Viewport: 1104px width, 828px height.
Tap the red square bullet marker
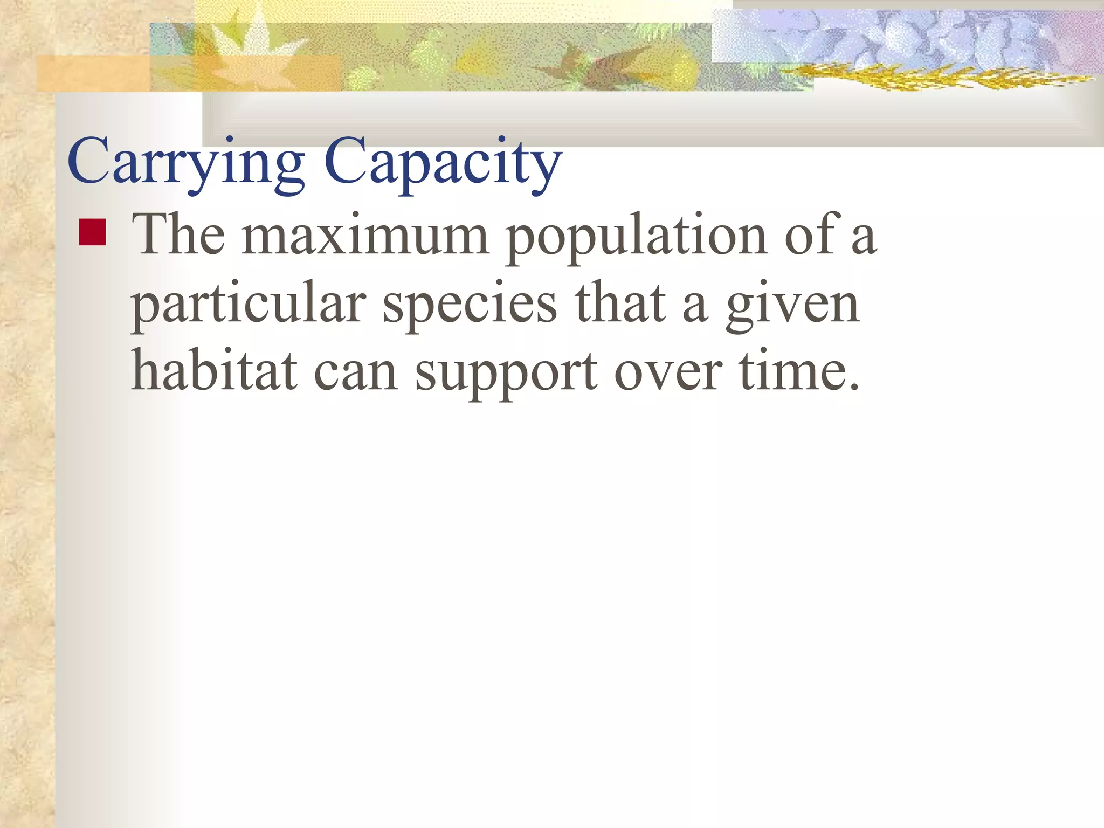92,232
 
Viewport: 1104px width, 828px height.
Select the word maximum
365,235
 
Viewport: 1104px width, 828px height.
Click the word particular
249,305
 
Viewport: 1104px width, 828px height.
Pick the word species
470,305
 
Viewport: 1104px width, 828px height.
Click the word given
792,305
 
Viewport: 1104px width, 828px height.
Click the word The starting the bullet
178,235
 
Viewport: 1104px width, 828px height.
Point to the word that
620,304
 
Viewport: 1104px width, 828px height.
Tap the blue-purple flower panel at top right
906,35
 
